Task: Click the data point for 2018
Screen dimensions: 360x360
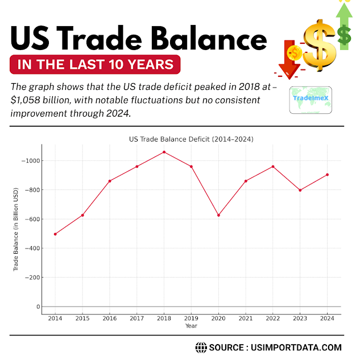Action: [x=164, y=152]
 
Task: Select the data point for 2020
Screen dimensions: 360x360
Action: [x=218, y=215]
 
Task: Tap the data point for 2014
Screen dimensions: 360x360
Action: [x=55, y=234]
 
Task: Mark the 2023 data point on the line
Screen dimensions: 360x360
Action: [x=300, y=190]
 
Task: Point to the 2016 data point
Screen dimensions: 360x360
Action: [x=110, y=181]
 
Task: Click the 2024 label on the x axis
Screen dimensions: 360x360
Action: [x=327, y=318]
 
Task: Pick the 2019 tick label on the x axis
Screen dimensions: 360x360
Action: [x=191, y=318]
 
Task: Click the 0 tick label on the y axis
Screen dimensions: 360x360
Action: [x=39, y=307]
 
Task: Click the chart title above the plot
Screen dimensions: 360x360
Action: [x=191, y=139]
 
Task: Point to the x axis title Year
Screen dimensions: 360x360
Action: [x=191, y=326]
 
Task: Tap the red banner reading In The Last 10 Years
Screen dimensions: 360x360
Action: [x=95, y=65]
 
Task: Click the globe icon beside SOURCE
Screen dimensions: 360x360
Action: [x=201, y=347]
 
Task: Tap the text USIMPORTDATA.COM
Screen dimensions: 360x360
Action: [x=296, y=347]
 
